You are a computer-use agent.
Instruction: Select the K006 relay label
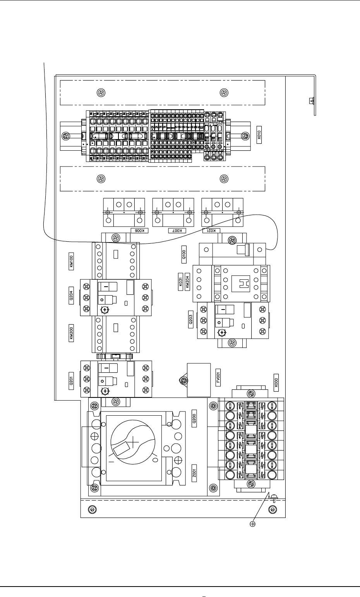click(140, 231)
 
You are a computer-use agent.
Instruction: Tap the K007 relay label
click(177, 231)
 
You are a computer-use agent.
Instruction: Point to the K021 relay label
click(212, 231)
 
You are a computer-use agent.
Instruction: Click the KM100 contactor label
click(71, 262)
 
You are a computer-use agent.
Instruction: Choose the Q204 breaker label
click(71, 298)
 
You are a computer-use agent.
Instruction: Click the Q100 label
click(184, 255)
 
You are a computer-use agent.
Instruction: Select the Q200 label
click(195, 418)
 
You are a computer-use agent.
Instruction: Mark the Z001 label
click(195, 473)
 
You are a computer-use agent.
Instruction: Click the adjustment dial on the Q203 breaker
click(222, 333)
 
